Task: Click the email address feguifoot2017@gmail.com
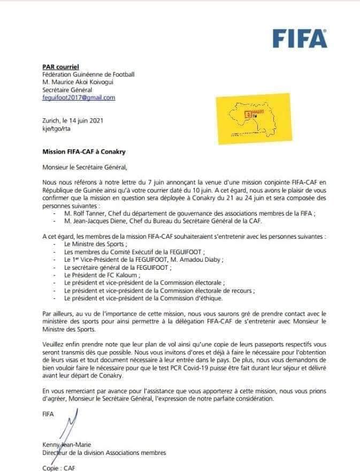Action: click(x=79, y=98)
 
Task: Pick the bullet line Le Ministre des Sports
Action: click(x=92, y=244)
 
